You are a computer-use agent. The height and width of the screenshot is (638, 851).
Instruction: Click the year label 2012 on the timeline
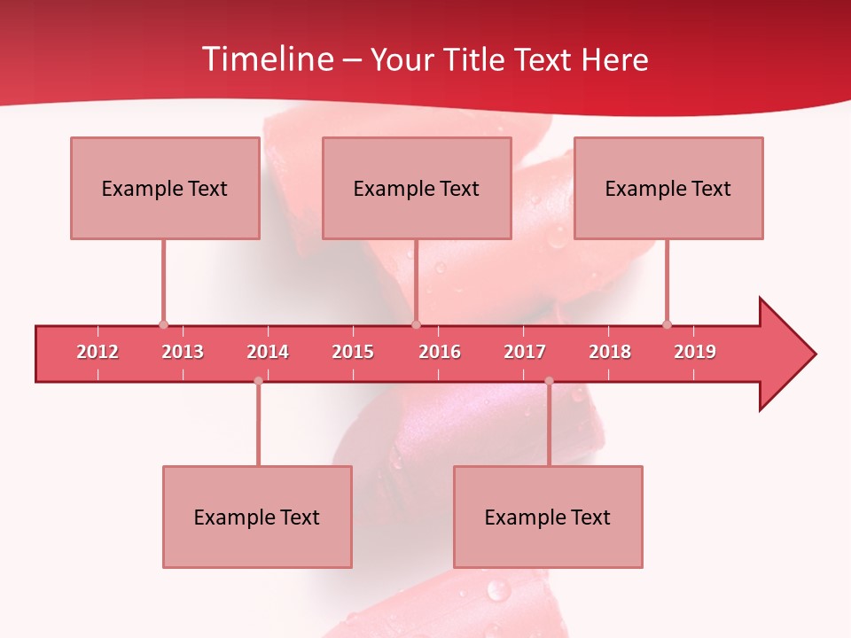[x=98, y=352]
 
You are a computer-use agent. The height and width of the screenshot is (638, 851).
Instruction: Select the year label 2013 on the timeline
[x=183, y=352]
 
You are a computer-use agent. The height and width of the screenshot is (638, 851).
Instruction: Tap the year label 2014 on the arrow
[x=268, y=352]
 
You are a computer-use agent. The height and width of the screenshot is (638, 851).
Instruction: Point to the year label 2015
[x=353, y=352]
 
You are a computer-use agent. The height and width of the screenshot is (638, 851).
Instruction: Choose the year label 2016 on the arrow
[x=440, y=352]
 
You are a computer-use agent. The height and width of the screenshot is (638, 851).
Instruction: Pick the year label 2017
[x=525, y=352]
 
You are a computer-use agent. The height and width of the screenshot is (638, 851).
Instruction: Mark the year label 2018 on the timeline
[x=610, y=352]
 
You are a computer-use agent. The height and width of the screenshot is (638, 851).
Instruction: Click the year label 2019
[x=695, y=352]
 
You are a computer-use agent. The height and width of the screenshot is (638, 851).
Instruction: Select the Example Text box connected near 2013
[x=165, y=188]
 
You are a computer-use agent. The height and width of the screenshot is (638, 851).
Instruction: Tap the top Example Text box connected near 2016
[x=417, y=188]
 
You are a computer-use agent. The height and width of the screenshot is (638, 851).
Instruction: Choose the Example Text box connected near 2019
[x=668, y=188]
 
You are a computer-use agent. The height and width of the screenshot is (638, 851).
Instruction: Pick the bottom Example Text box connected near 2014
[x=257, y=517]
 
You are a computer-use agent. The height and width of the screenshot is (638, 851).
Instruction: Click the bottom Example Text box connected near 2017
[x=548, y=517]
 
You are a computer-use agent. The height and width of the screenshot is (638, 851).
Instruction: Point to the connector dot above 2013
[x=163, y=324]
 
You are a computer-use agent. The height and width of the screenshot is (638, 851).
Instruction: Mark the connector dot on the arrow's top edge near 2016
[x=416, y=324]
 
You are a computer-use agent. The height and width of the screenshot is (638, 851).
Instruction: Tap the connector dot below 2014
[x=258, y=381]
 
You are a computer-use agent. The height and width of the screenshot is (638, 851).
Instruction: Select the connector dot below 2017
[x=549, y=381]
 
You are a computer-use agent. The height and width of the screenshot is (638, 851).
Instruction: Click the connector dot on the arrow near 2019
[x=667, y=324]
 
